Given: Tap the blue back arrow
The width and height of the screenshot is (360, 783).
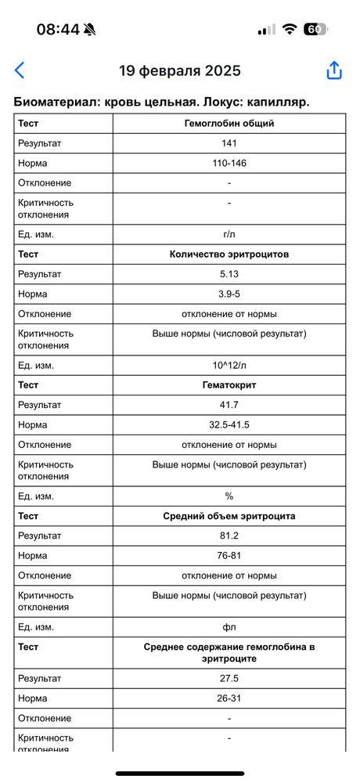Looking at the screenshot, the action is click(20, 70).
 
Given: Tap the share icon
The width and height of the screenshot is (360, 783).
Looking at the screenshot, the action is click(334, 70).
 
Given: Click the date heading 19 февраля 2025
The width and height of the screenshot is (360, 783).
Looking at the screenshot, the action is click(180, 70).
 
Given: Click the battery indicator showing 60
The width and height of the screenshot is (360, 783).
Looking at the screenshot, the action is click(315, 29).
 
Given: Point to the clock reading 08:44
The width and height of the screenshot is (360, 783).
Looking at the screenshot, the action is click(58, 29).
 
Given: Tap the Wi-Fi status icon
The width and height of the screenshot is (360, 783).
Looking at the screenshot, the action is click(290, 29).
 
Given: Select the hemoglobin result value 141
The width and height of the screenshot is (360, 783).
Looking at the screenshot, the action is click(229, 143).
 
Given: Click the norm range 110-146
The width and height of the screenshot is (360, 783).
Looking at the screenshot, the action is click(229, 163).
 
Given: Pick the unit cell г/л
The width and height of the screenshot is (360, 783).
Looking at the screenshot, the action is click(229, 234).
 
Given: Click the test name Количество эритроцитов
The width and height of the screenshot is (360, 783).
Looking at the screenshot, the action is click(229, 254).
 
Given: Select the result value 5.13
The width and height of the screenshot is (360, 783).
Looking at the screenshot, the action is click(229, 274).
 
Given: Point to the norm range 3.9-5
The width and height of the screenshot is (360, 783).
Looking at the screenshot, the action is click(229, 294).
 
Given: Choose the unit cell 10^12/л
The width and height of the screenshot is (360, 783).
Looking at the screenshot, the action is click(229, 365).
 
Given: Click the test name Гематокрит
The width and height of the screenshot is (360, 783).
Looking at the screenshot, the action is click(229, 385).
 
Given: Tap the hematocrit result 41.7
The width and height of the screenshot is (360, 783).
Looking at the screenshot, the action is click(229, 405).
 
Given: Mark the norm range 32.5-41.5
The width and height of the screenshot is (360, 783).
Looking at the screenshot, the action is click(229, 424).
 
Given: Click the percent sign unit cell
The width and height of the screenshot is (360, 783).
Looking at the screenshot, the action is click(229, 496).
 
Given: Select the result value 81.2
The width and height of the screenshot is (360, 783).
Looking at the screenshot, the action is click(229, 536).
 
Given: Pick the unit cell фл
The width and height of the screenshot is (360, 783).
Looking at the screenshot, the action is click(229, 627).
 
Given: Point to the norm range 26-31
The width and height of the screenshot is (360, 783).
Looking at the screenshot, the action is click(229, 698).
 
